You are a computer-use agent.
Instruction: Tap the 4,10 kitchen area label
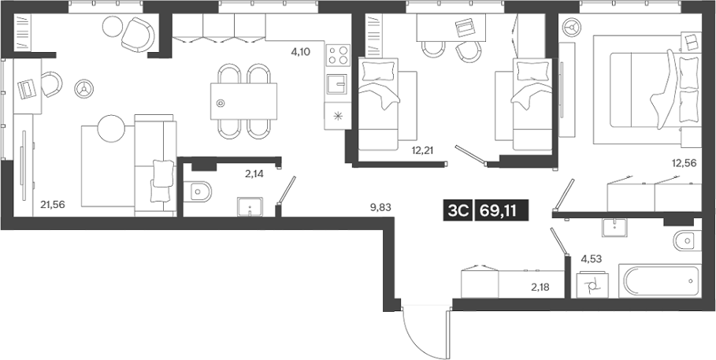pos(300,52)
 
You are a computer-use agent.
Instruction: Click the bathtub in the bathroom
pos(659,281)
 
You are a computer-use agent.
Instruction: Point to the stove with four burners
pos(337,55)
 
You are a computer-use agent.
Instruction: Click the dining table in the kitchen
pos(244,100)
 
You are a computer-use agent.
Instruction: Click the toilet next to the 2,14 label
pos(200,191)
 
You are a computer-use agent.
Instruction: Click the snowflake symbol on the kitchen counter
pos(338,116)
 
